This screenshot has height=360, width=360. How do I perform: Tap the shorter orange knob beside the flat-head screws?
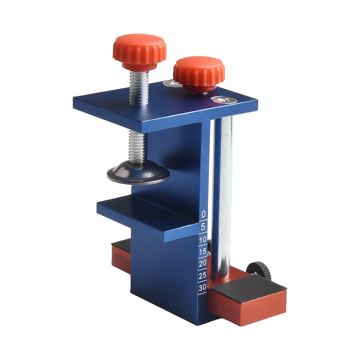point(199,74)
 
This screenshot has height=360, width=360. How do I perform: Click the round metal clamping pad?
point(138,173)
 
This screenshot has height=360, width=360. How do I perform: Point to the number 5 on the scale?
point(203,227)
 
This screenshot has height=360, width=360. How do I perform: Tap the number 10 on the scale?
point(203,240)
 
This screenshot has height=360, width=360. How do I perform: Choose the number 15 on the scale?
point(202,252)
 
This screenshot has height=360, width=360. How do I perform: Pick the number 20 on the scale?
point(202,263)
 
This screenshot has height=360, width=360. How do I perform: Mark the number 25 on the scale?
point(202,275)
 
